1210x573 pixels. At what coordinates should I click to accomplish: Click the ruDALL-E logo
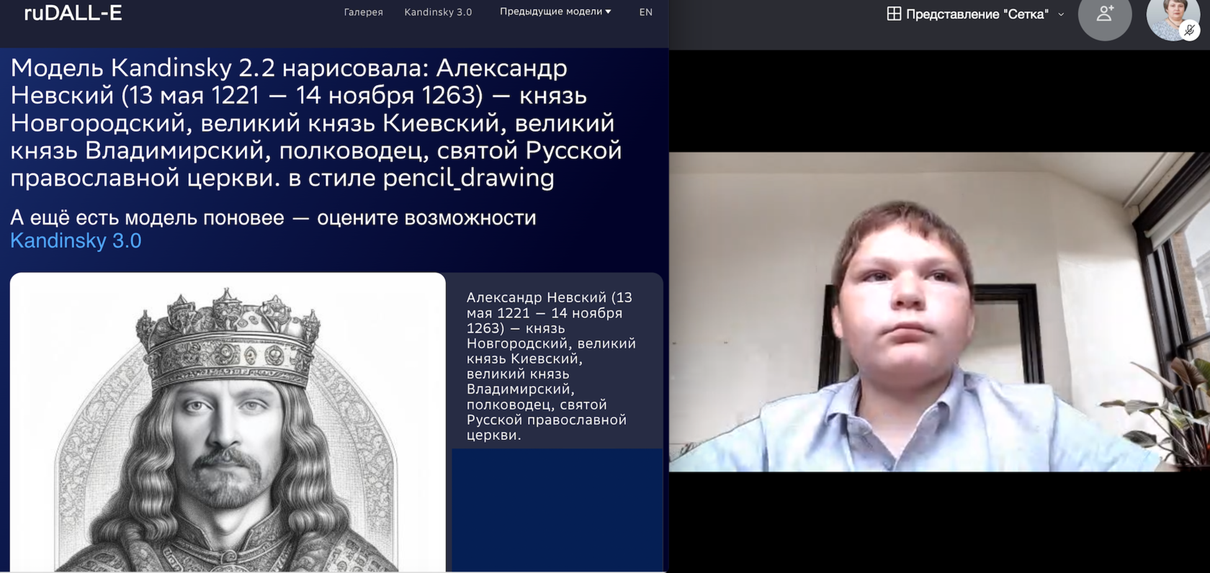point(73,12)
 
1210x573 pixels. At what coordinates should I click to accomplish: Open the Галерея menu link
point(363,12)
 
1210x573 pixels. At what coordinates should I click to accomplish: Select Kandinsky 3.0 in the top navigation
point(438,12)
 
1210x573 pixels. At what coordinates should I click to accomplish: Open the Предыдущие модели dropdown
point(555,12)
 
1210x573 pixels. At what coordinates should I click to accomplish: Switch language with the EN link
point(645,12)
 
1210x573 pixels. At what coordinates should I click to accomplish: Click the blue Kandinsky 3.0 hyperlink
point(76,240)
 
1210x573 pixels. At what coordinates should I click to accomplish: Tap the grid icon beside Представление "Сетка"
point(894,14)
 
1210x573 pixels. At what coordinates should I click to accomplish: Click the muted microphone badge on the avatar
point(1190,30)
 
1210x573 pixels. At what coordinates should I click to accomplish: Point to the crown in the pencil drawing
point(228,340)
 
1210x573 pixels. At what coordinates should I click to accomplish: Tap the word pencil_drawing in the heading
point(469,178)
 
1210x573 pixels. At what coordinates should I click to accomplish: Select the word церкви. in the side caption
point(494,435)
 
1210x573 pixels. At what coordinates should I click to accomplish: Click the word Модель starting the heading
point(58,68)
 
